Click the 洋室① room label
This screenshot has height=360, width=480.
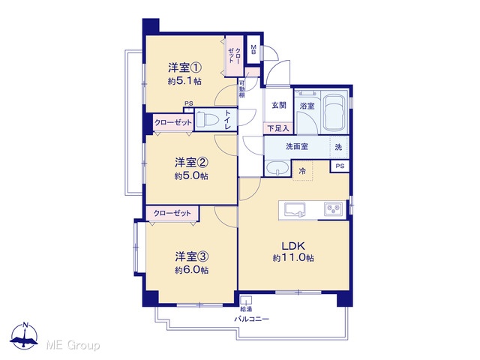[184, 67]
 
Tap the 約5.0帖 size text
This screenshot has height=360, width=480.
[192, 176]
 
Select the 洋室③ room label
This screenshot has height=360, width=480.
[192, 256]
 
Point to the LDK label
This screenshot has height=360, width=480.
[293, 246]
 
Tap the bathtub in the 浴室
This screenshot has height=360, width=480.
[334, 112]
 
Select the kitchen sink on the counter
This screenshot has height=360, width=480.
[295, 210]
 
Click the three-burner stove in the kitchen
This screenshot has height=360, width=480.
[333, 209]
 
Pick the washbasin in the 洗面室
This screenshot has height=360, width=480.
[277, 168]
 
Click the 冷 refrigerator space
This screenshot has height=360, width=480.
[302, 171]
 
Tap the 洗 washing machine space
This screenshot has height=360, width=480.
[339, 147]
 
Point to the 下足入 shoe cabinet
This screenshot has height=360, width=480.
[278, 128]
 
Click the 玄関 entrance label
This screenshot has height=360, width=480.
[279, 105]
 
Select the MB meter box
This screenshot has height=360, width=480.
[253, 49]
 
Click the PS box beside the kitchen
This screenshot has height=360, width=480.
[340, 166]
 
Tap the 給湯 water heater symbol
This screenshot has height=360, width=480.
[246, 300]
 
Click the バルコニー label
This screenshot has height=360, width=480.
[252, 319]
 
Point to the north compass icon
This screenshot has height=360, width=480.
[24, 336]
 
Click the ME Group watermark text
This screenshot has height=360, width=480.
[73, 345]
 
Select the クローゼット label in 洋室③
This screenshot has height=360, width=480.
[172, 213]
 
